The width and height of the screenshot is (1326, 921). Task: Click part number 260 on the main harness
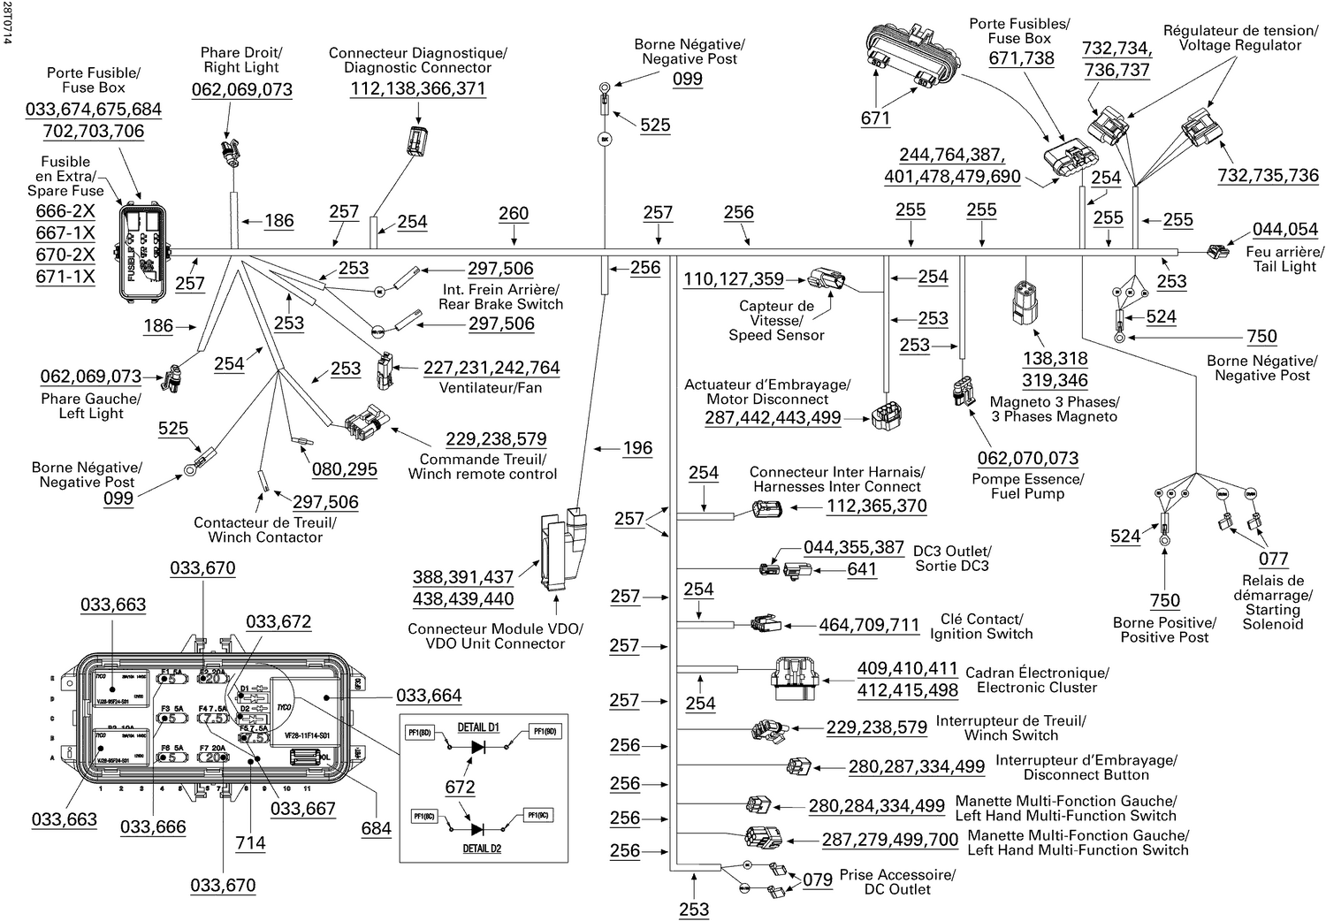(514, 214)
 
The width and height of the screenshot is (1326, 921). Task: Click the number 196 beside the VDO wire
(637, 448)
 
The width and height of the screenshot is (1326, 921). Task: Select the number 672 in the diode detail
(460, 787)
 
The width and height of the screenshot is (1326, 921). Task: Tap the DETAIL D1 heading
(478, 727)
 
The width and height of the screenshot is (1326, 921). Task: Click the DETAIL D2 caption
(482, 849)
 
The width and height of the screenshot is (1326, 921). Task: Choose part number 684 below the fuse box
(376, 828)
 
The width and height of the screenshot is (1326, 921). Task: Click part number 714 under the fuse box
(250, 842)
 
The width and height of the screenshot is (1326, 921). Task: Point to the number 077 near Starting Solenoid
(1273, 559)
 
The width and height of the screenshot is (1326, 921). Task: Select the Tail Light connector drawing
(1217, 252)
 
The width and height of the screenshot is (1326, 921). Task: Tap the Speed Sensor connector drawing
(826, 278)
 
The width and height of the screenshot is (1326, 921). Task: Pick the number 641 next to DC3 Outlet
(862, 569)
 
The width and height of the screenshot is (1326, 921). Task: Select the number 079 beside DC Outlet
(818, 879)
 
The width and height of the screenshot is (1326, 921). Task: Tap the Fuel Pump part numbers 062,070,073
(1027, 458)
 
